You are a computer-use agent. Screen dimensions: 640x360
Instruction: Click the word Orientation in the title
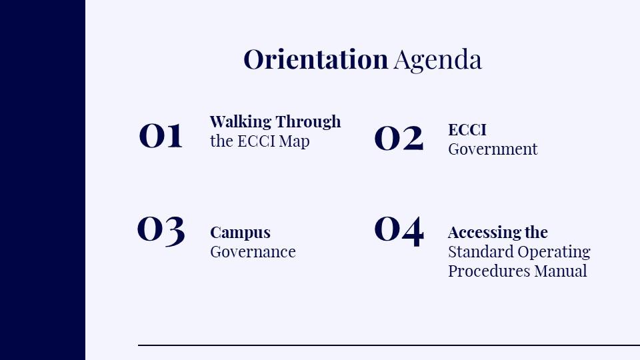coord(315,59)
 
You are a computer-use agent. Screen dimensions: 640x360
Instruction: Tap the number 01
coord(161,135)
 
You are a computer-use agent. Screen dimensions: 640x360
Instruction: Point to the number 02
coord(399,139)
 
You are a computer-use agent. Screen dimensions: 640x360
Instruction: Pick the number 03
coord(161,231)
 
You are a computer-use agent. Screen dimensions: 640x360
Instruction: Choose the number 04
coord(399,231)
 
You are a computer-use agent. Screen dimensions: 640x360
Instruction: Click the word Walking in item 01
coord(241,121)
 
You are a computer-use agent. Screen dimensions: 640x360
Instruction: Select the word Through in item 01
coord(308,121)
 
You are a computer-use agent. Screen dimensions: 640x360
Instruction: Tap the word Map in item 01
coord(294,141)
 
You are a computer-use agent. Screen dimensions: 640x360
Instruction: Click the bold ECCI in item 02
coord(467,130)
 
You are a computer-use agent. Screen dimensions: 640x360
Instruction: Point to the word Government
coord(493,149)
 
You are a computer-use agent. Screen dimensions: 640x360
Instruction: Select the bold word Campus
coord(240,233)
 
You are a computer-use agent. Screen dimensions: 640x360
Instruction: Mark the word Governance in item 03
coord(253,252)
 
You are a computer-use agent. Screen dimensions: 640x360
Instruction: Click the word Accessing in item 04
coord(484,233)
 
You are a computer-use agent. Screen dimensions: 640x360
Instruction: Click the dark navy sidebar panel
coord(43,180)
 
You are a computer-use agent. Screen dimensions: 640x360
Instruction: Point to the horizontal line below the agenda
coord(389,345)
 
